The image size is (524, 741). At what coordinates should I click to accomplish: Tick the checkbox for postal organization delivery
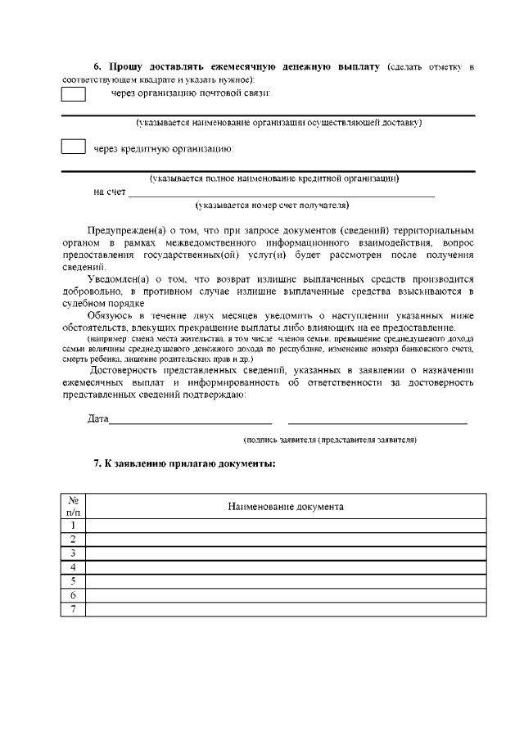74,94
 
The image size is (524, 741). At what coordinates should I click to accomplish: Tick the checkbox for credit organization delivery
74,148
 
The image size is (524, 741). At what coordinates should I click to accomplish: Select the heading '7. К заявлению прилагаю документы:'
184,463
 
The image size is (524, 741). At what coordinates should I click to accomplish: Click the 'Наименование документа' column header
286,506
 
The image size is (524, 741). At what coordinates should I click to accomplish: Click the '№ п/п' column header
74,506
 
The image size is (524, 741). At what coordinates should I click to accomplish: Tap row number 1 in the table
74,526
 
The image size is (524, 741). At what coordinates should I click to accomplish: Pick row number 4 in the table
74,567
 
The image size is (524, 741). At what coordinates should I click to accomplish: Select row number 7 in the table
74,609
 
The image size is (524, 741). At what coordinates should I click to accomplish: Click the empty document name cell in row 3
286,553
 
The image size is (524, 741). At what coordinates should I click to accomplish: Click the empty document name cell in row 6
286,595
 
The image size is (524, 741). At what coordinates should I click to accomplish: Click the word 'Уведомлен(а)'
119,278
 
